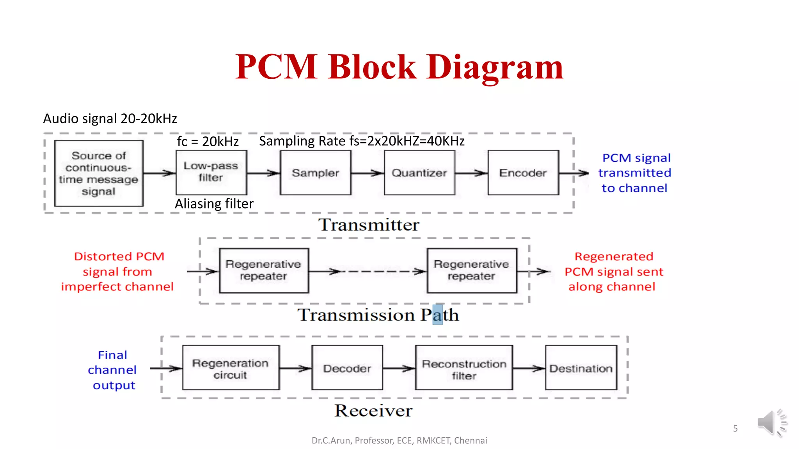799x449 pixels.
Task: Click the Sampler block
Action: (315, 173)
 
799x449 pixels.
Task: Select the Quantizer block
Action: (419, 173)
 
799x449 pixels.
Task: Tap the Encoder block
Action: (523, 173)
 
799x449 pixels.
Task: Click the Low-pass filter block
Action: (211, 172)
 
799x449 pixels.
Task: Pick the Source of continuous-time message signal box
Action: (99, 173)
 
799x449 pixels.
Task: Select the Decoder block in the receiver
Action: (347, 368)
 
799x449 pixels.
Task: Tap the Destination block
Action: (581, 368)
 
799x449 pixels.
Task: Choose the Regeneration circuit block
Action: (231, 368)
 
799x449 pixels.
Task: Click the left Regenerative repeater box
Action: (264, 270)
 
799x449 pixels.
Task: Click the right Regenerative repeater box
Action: (472, 270)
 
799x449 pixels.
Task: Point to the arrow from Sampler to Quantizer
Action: (368, 173)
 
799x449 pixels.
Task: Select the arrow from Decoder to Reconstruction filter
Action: (399, 368)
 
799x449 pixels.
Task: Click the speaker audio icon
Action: (771, 423)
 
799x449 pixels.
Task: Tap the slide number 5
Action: (735, 429)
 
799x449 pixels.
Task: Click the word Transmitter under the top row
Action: (369, 225)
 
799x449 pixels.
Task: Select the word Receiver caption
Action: (373, 411)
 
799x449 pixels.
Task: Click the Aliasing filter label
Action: (214, 204)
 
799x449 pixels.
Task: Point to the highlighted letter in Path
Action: (437, 315)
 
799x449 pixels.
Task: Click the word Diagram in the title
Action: (495, 67)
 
